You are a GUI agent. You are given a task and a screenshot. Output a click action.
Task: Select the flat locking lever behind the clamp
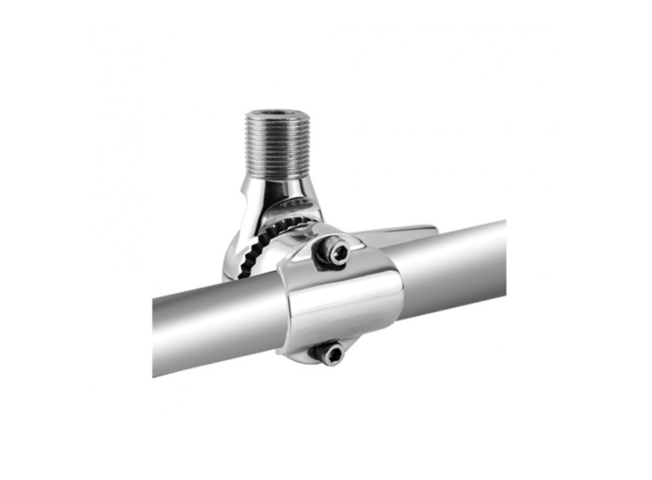click(x=398, y=232)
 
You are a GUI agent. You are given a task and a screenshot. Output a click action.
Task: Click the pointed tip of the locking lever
click(x=432, y=227)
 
